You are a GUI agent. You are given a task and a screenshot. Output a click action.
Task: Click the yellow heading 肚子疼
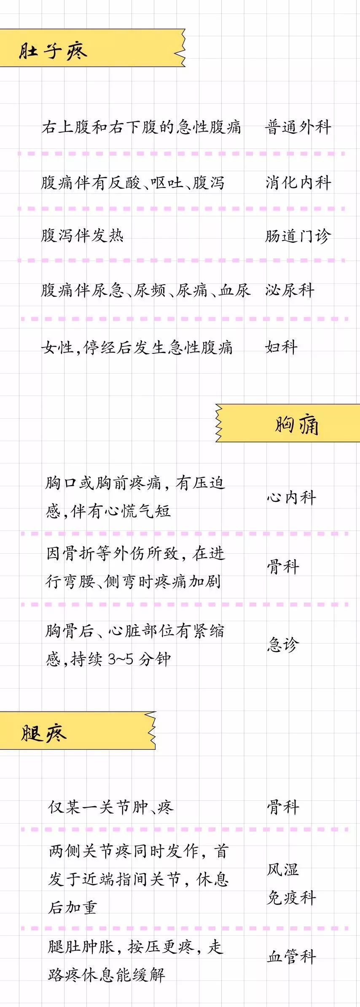point(53,51)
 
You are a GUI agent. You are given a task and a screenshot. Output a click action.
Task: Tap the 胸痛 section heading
point(297,424)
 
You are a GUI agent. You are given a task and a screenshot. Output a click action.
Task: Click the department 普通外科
point(298,127)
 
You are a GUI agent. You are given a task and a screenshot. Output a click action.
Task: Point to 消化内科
point(298,182)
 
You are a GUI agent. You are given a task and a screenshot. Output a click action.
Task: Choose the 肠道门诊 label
point(298,236)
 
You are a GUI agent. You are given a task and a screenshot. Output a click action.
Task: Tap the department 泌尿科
point(290,290)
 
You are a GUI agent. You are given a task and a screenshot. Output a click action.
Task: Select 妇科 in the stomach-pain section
point(281,347)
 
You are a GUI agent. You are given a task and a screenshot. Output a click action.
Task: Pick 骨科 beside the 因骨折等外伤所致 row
point(283,567)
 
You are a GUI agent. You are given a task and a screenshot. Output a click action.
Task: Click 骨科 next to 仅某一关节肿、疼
point(283,807)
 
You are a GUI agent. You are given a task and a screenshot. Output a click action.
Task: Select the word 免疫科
point(291,898)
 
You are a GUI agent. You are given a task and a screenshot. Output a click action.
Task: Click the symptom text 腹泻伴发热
point(82,235)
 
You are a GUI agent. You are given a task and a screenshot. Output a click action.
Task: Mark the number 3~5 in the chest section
point(121,659)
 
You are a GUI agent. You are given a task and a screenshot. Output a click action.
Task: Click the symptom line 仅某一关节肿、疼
point(111,807)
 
